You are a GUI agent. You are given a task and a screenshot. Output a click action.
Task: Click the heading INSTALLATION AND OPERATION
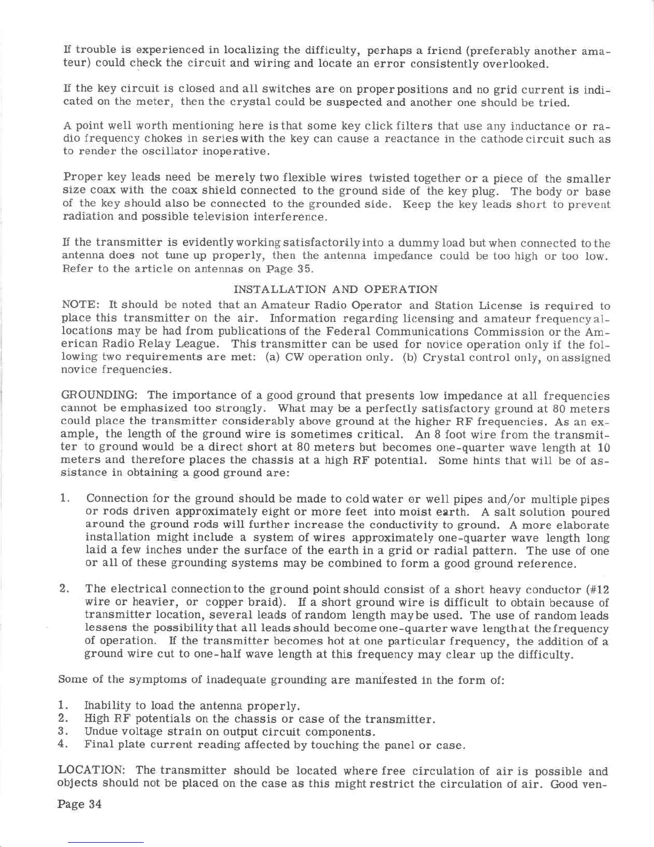tap(336, 289)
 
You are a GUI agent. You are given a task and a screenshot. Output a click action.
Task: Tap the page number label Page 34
tap(80, 804)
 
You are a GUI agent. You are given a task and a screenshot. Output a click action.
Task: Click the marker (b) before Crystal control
tap(410, 357)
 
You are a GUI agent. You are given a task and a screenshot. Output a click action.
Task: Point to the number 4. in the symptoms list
tap(63, 744)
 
